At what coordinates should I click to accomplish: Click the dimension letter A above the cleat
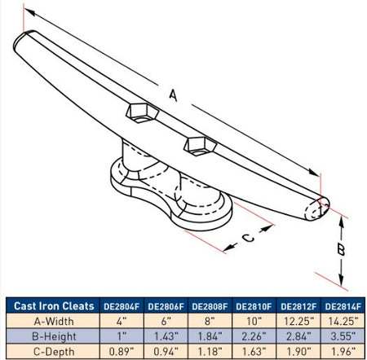pos(173,95)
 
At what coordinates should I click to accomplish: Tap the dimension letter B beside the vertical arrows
pos(341,249)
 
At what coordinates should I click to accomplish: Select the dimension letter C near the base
pos(248,238)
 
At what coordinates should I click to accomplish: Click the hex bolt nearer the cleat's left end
pos(142,112)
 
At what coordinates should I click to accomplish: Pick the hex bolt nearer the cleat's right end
pos(201,146)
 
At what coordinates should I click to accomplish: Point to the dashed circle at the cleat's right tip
pos(315,210)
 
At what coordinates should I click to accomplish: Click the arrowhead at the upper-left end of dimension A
pos(29,12)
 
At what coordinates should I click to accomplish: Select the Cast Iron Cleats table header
pos(54,306)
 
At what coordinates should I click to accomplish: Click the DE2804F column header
pos(122,306)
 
